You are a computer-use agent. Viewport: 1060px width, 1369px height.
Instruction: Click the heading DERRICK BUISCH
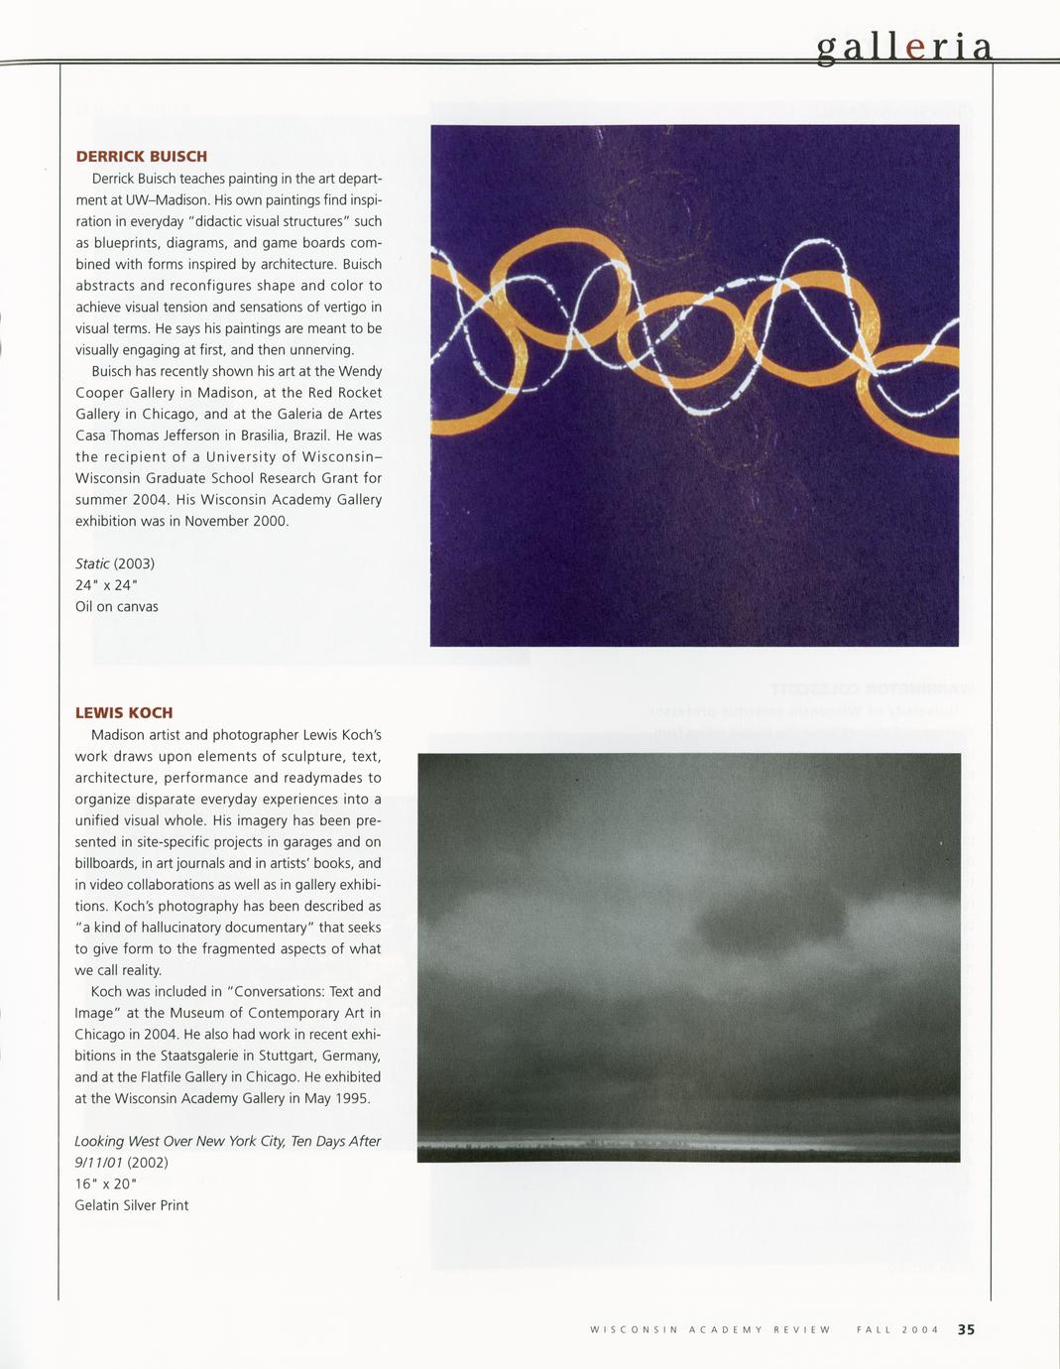141,157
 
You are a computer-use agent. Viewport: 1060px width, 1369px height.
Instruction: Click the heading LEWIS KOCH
124,713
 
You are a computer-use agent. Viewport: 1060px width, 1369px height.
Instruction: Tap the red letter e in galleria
915,48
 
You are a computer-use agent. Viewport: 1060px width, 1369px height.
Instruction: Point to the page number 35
966,1330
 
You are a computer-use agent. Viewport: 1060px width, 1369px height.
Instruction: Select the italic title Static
92,563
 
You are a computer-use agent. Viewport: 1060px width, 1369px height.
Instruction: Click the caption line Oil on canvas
117,606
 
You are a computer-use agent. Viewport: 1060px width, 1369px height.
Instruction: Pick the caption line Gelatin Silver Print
131,1205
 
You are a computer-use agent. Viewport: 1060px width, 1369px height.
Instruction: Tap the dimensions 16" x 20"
105,1183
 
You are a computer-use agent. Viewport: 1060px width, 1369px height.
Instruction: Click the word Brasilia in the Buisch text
257,436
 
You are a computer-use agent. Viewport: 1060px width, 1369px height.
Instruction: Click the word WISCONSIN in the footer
634,1330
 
